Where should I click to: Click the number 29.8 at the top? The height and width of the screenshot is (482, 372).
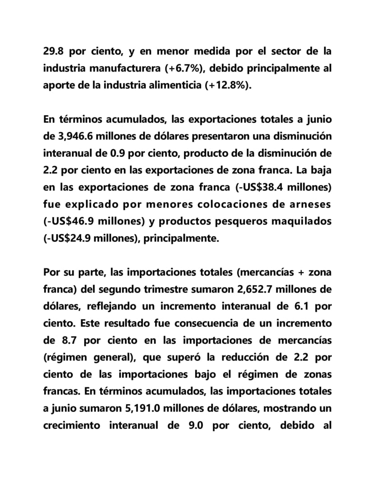54,51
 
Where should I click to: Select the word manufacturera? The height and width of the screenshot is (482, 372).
125,68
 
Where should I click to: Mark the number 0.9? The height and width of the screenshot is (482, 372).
118,153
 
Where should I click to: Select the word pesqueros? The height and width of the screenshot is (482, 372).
237,222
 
